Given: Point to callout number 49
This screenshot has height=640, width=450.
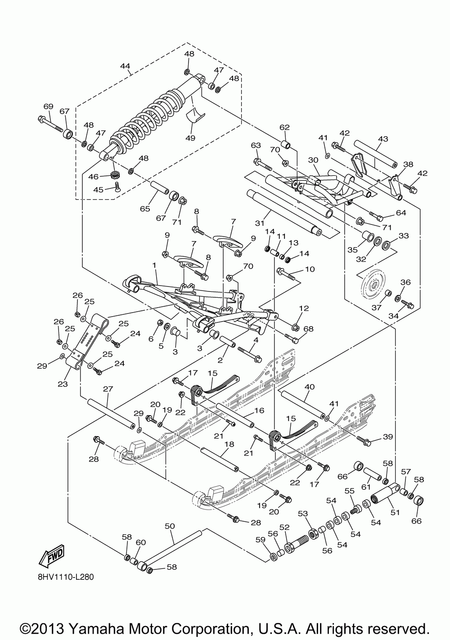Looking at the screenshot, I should click(190, 138).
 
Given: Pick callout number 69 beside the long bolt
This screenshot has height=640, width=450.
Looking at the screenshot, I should click(48, 107).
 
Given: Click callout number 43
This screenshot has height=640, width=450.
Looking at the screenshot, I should click(382, 139).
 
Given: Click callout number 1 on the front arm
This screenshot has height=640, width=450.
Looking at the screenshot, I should click(154, 266).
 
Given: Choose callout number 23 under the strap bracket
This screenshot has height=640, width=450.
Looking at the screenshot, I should click(63, 384).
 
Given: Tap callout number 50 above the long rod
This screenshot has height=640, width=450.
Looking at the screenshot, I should click(170, 526).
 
